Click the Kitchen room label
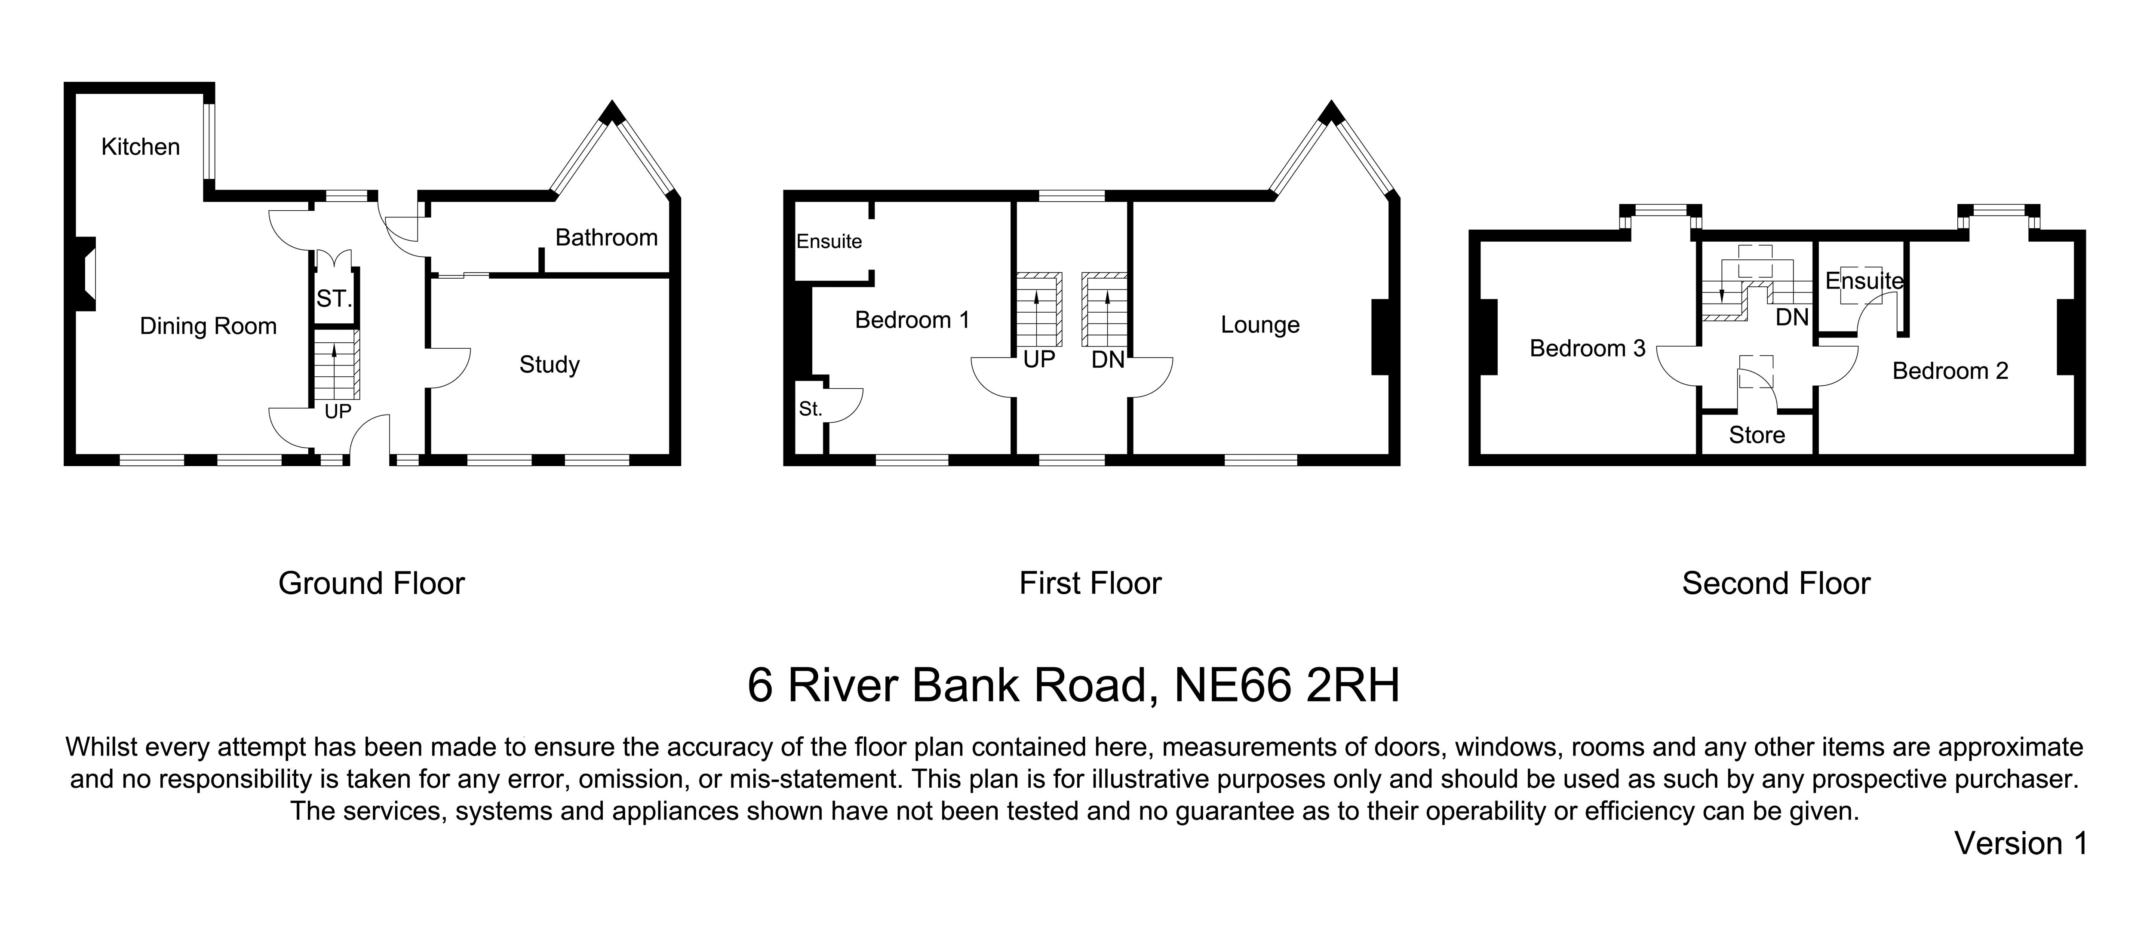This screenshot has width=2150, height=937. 140,147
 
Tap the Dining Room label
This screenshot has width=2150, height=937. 208,326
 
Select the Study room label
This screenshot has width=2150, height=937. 549,365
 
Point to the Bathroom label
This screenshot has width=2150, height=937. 606,238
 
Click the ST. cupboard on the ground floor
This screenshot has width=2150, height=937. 334,299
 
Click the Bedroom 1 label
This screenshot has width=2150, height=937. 912,320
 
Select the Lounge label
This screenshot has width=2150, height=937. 1259,325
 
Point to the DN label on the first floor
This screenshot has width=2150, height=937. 1108,360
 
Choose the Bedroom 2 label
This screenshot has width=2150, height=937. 1950,371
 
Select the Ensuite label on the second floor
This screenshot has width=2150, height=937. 1864,281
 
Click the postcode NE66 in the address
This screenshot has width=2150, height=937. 1232,686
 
